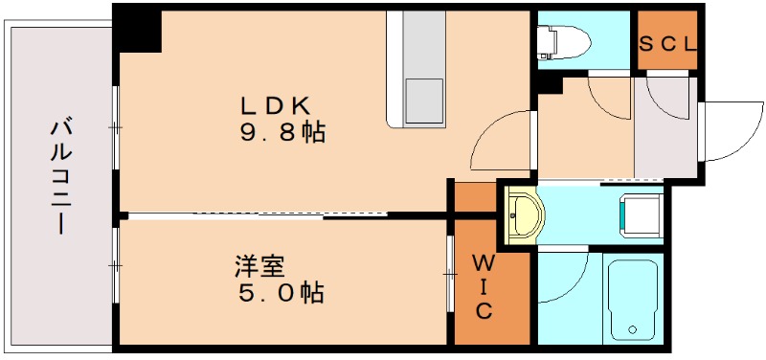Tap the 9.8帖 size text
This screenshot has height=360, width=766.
pyautogui.click(x=282, y=132)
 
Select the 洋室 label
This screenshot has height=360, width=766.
pyautogui.click(x=259, y=267)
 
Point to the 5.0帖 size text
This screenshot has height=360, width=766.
pyautogui.click(x=281, y=293)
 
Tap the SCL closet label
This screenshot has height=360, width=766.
pyautogui.click(x=667, y=44)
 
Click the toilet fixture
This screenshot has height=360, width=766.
pyautogui.click(x=563, y=41)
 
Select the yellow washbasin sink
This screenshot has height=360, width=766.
pyautogui.click(x=524, y=214)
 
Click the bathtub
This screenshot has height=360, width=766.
pyautogui.click(x=633, y=302)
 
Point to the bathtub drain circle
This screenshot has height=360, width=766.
pyautogui.click(x=633, y=329)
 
